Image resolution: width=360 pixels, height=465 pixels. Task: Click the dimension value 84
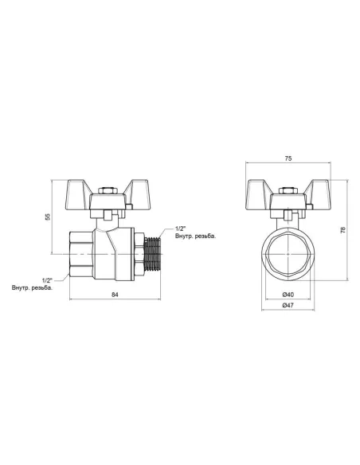(115, 295)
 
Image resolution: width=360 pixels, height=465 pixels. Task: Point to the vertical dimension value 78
(344, 231)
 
